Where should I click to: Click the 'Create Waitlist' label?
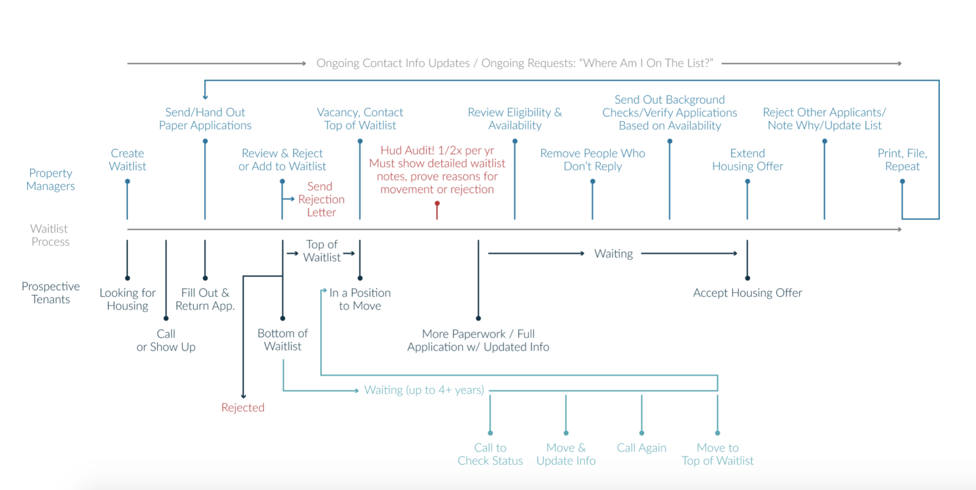tap(127, 160)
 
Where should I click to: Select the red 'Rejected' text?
tap(243, 408)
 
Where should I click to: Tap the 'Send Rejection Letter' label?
tap(321, 199)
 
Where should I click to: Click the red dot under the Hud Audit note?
tap(437, 204)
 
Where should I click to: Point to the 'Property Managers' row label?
tap(51, 179)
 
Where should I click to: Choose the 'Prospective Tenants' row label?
tap(51, 293)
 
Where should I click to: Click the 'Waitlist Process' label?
tap(50, 235)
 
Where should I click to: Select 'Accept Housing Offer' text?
tap(747, 293)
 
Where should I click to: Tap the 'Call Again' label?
tap(641, 448)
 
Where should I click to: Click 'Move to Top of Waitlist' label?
tap(717, 454)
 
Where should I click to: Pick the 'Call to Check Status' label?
tap(490, 454)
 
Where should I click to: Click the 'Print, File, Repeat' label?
tap(902, 160)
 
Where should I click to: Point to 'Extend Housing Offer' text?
tap(747, 160)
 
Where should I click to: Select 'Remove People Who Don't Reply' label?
tap(592, 160)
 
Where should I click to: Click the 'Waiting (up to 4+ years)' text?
tap(424, 390)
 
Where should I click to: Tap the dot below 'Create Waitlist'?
tap(127, 182)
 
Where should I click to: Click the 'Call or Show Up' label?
tap(166, 340)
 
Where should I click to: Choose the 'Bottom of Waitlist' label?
tap(283, 339)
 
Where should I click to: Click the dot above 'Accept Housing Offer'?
tap(747, 278)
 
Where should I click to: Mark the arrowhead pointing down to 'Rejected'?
tap(244, 396)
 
